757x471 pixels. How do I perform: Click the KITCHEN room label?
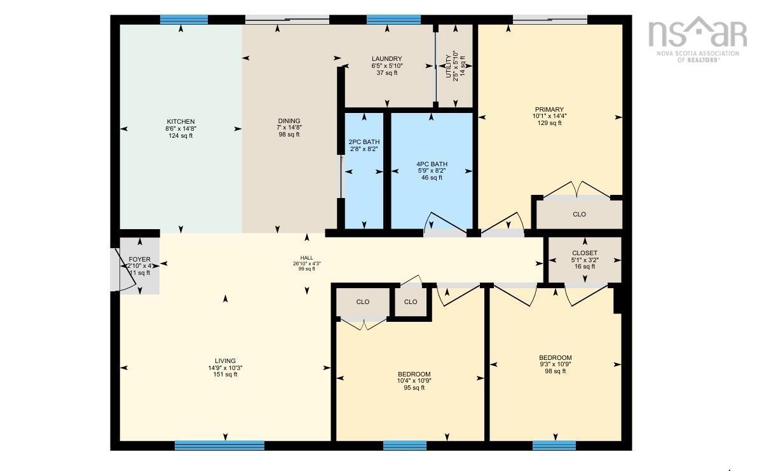click(x=181, y=122)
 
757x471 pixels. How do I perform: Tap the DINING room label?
click(x=289, y=121)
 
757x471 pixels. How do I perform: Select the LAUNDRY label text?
click(x=386, y=59)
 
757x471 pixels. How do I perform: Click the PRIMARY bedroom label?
click(x=548, y=110)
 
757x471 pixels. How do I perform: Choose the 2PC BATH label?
click(x=364, y=142)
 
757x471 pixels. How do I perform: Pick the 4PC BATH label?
click(x=432, y=164)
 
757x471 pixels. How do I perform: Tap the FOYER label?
click(x=140, y=260)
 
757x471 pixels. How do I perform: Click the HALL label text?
click(x=306, y=258)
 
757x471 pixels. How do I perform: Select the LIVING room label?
click(x=225, y=361)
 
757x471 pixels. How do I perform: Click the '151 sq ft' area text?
click(x=225, y=375)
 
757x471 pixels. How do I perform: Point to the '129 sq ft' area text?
click(x=548, y=123)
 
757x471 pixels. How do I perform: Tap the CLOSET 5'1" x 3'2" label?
click(x=584, y=253)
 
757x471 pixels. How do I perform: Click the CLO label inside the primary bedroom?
click(x=579, y=215)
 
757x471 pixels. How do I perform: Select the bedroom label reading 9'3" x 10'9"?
click(x=555, y=358)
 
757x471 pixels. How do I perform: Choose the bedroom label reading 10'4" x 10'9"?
click(x=414, y=375)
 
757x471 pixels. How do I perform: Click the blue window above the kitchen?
click(x=184, y=20)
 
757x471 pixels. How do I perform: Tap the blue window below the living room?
click(x=219, y=446)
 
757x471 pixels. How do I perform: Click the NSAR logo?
click(x=697, y=38)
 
